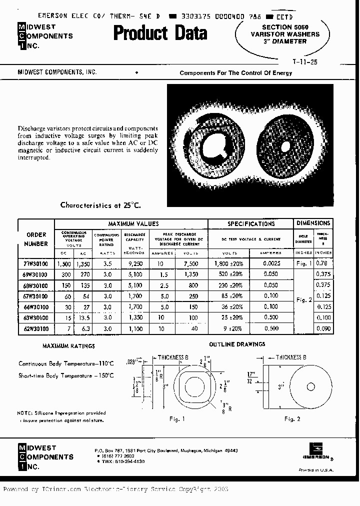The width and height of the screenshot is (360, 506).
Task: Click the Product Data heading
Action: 160,33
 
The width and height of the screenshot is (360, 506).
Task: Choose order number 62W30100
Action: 35,328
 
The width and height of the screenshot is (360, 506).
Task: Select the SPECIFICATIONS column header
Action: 251,224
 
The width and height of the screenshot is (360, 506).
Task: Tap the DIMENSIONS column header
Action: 313,223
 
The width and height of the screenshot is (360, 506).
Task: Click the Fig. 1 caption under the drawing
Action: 177,419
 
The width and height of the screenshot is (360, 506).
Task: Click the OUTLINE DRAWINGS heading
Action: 237,344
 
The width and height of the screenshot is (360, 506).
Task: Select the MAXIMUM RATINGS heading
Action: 68,346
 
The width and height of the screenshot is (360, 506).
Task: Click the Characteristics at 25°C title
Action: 100,205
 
